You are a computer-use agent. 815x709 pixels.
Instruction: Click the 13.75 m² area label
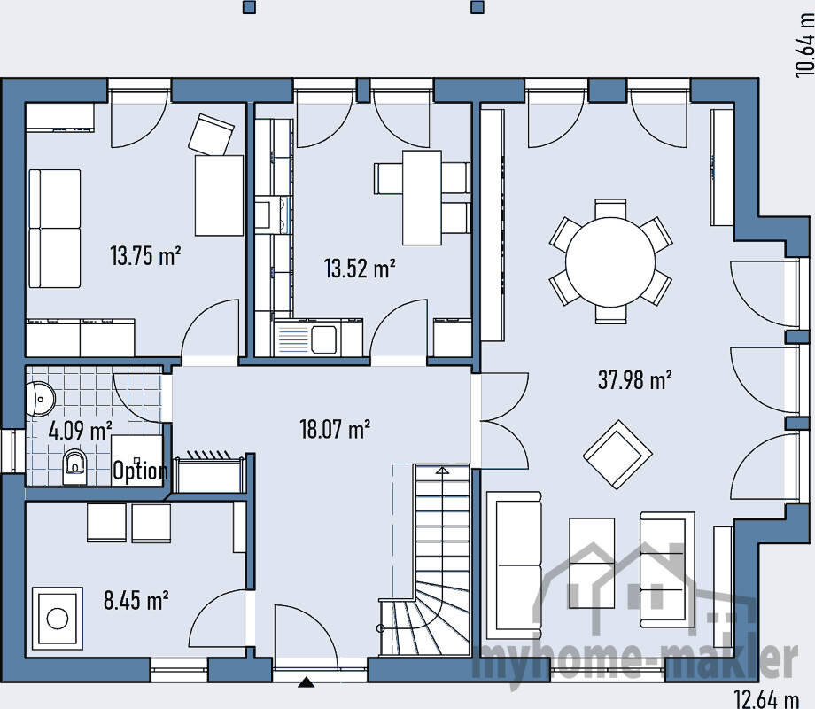click(145, 256)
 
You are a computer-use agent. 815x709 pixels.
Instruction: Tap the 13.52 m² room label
click(360, 269)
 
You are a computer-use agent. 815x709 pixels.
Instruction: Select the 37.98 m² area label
click(634, 379)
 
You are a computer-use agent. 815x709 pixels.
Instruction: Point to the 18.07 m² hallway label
click(335, 429)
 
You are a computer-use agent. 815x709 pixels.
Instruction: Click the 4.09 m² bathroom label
click(81, 431)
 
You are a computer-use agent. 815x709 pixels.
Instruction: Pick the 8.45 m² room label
click(136, 600)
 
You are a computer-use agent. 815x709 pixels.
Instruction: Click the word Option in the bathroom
click(140, 471)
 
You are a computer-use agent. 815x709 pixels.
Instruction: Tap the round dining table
click(610, 261)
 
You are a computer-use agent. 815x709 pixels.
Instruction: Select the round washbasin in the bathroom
click(41, 399)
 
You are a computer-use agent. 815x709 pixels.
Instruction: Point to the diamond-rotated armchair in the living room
click(617, 455)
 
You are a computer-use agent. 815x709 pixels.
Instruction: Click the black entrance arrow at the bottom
click(307, 682)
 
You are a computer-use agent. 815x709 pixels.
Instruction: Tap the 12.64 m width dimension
click(766, 697)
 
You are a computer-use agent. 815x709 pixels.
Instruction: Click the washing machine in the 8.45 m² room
click(58, 619)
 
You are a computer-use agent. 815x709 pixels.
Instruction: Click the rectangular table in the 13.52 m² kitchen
click(422, 198)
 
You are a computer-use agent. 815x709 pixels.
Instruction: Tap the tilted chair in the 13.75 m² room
click(211, 136)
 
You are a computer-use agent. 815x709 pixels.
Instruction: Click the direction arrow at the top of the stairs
click(442, 471)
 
